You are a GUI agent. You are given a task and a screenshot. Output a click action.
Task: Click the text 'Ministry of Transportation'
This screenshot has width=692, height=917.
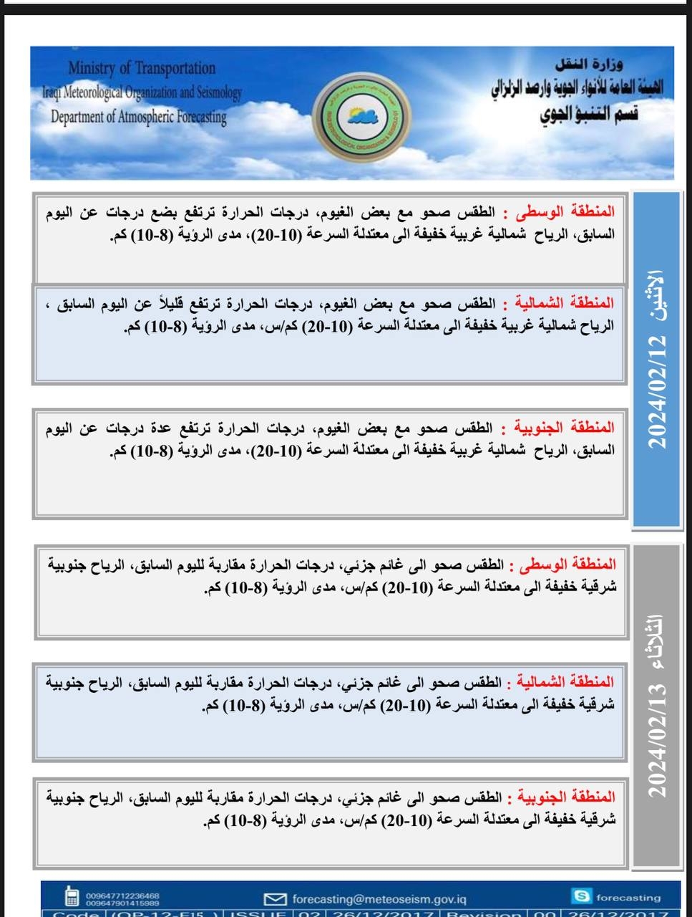coord(142,68)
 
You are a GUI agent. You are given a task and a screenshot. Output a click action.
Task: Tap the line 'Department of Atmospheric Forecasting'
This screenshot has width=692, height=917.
coord(138,117)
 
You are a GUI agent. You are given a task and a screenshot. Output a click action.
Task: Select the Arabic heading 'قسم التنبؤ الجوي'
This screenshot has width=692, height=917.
coord(589,115)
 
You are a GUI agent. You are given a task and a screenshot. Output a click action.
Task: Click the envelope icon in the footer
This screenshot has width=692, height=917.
coord(274,898)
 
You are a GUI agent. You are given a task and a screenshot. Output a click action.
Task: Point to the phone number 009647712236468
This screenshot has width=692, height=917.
coord(122,895)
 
